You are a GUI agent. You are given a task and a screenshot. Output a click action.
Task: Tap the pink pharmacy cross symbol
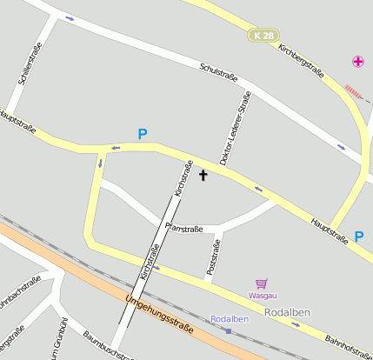[358, 61]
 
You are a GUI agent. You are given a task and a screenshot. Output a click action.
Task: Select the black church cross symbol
[203, 176]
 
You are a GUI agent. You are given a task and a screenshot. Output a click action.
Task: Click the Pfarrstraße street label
[183, 229]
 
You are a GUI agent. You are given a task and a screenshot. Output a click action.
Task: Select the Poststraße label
[213, 258]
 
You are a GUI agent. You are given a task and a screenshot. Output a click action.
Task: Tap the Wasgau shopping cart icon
[261, 283]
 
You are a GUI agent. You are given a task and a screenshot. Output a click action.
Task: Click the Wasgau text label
[263, 296]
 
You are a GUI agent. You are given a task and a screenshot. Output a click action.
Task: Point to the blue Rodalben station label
[230, 318]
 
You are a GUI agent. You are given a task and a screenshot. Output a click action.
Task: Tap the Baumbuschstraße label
[109, 345]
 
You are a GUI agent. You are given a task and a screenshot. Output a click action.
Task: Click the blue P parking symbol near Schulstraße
[143, 135]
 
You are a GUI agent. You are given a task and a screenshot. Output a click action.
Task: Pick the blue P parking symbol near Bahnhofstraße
[359, 236]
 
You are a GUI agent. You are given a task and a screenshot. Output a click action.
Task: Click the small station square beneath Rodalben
[229, 330]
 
